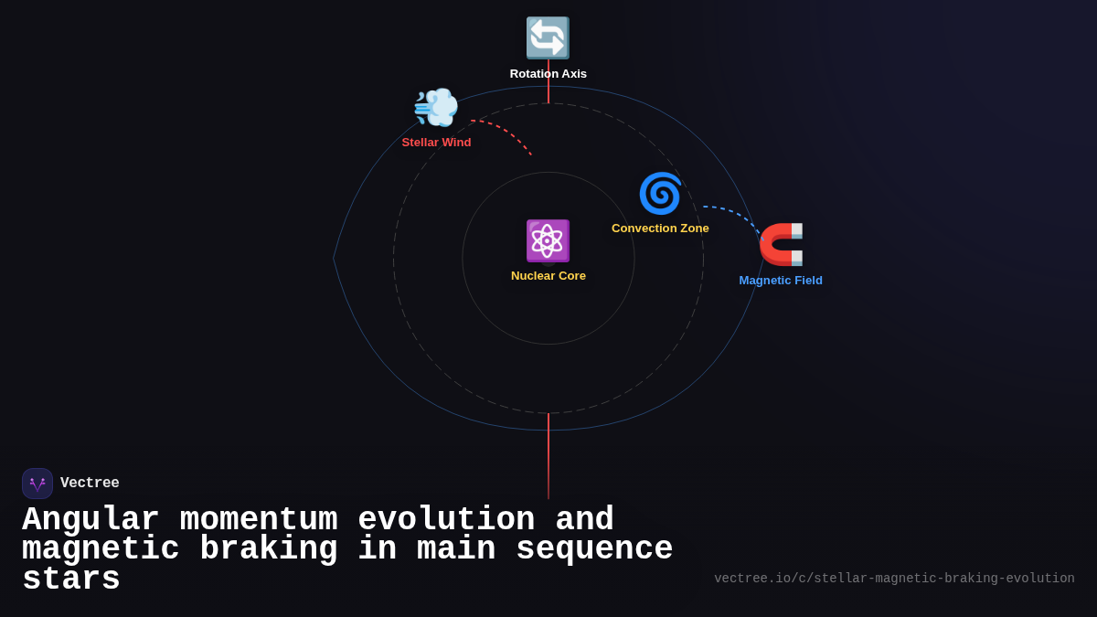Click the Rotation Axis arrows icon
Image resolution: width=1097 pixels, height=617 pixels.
point(548,37)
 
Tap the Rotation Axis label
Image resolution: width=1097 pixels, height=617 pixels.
point(548,74)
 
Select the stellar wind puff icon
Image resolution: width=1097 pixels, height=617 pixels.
point(436,107)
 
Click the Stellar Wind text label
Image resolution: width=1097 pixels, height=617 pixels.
point(436,143)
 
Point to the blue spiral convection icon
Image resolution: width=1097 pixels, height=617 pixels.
point(660,194)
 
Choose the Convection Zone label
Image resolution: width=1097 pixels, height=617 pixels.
point(660,229)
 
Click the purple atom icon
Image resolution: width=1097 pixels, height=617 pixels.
point(548,241)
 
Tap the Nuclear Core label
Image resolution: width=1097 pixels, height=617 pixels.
point(548,276)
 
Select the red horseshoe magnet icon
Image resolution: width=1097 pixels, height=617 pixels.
point(781,244)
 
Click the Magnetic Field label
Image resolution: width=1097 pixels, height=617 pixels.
point(781,281)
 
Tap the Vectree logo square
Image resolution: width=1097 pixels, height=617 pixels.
point(37,484)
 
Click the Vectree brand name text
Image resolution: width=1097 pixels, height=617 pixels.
point(90,483)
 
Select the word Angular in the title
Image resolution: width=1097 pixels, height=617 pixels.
point(91,519)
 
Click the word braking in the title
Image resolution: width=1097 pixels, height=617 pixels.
point(269,549)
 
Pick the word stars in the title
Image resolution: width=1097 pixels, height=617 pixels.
point(71,579)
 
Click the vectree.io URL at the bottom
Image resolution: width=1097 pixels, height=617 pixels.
point(894,579)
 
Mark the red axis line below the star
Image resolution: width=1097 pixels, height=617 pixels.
point(548,456)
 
